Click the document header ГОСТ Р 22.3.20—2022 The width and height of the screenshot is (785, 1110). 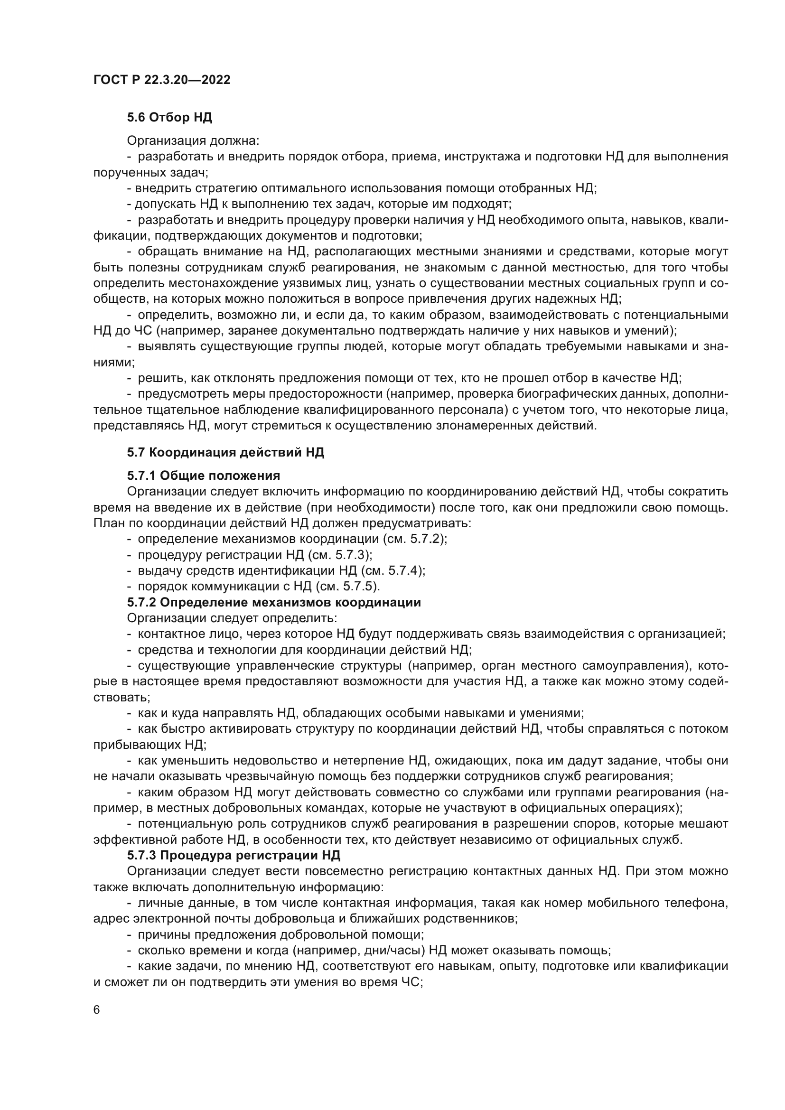pos(161,80)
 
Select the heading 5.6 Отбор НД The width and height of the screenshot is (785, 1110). pos(169,117)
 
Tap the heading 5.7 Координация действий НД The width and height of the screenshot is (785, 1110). pos(225,453)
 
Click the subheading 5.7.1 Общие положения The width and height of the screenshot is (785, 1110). pos(204,475)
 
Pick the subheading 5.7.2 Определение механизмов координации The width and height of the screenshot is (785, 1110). pos(273,602)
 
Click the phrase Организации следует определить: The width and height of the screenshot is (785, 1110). pos(232,618)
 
